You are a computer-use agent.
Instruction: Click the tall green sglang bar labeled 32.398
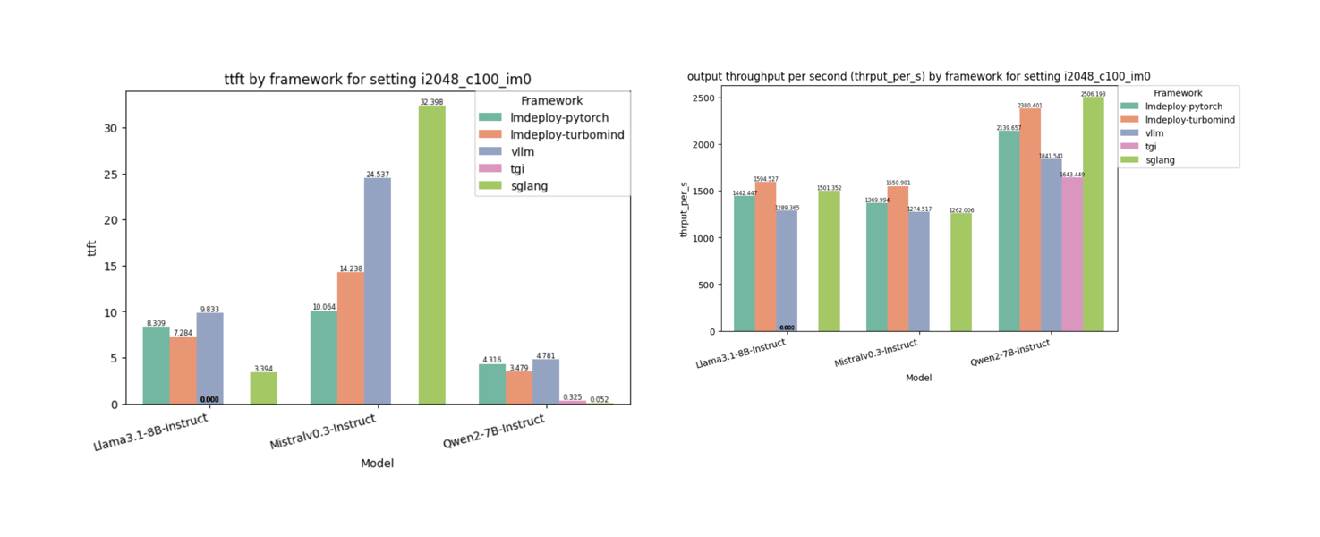pyautogui.click(x=432, y=255)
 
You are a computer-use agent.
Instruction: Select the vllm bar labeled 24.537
pyautogui.click(x=377, y=291)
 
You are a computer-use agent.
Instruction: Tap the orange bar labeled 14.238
pyautogui.click(x=351, y=338)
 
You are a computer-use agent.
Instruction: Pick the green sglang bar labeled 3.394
pyautogui.click(x=263, y=388)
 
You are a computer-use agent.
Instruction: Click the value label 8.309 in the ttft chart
pyautogui.click(x=157, y=322)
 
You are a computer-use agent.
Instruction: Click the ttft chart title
pyautogui.click(x=383, y=80)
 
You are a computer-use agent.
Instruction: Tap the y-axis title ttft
pyautogui.click(x=91, y=248)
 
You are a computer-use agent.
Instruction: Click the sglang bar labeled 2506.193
pyautogui.click(x=1093, y=214)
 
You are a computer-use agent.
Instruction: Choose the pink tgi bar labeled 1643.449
pyautogui.click(x=1072, y=254)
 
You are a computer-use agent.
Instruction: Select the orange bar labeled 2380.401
pyautogui.click(x=1030, y=220)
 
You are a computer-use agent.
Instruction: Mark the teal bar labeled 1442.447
pyautogui.click(x=745, y=264)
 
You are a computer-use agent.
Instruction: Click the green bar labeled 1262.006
pyautogui.click(x=961, y=272)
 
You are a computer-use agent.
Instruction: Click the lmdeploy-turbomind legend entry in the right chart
pyautogui.click(x=1178, y=119)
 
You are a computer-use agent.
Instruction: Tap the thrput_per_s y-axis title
pyautogui.click(x=685, y=209)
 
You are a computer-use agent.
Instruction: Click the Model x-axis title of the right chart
pyautogui.click(x=918, y=378)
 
